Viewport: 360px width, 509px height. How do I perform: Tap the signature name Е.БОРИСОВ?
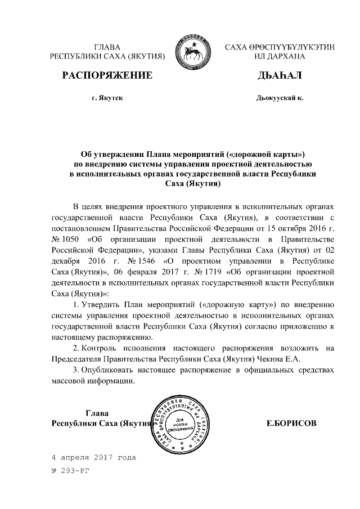point(291,422)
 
